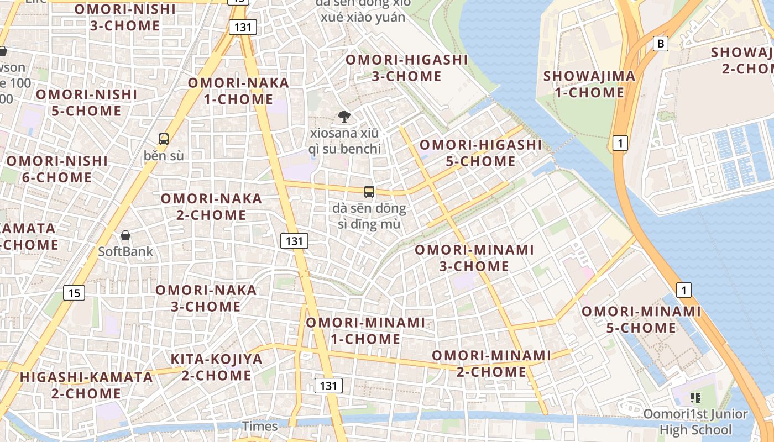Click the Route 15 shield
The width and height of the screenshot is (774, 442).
[75, 292]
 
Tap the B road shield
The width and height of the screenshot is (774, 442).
[660, 44]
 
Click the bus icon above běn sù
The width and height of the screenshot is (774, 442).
[164, 139]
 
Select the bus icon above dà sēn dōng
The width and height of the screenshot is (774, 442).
[369, 192]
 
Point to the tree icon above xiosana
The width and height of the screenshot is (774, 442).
[344, 116]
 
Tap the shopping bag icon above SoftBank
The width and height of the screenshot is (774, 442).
[125, 235]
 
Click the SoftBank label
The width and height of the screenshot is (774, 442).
[125, 251]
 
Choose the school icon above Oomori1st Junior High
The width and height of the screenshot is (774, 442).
[695, 397]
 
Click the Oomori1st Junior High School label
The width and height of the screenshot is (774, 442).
[695, 422]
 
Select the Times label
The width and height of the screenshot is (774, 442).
[260, 426]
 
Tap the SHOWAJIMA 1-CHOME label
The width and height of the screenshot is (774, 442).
[589, 84]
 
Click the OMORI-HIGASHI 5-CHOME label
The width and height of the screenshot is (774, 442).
[481, 153]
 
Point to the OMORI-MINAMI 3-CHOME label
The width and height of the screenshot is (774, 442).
[474, 257]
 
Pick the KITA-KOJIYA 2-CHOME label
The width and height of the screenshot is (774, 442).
[217, 367]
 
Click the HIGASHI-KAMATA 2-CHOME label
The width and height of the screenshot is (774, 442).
[86, 385]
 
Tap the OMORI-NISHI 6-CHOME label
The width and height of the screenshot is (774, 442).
[57, 169]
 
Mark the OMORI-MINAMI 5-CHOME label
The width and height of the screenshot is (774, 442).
[641, 319]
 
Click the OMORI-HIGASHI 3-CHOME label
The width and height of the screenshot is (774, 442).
[407, 68]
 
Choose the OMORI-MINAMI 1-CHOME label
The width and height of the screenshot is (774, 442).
[365, 330]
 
